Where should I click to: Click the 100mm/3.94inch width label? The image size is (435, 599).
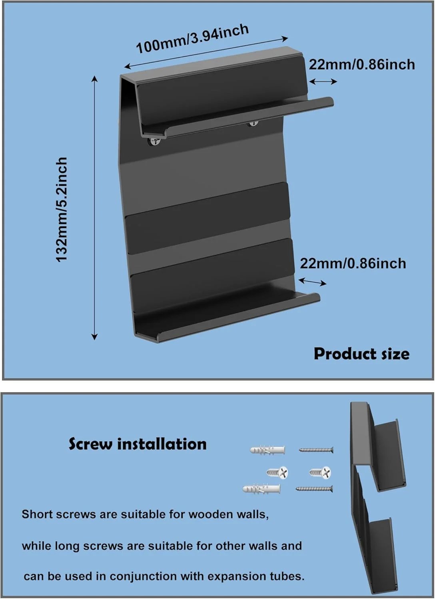click(x=192, y=39)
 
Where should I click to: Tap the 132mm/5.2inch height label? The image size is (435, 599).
click(x=62, y=209)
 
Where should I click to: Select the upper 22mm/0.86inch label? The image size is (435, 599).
click(x=362, y=64)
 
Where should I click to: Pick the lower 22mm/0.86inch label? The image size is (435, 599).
click(x=353, y=263)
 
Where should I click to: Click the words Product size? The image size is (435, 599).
click(x=361, y=354)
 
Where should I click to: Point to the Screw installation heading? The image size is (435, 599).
click(x=138, y=444)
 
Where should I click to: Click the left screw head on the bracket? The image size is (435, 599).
click(x=155, y=141)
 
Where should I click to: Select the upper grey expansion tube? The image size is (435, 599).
click(x=267, y=450)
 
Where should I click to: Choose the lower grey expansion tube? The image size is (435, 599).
click(x=261, y=488)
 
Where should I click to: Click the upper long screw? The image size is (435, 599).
click(x=316, y=450)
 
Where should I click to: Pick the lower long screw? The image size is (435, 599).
click(x=314, y=488)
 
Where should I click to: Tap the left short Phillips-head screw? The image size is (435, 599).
click(x=278, y=473)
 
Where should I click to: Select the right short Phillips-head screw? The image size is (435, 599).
click(x=320, y=473)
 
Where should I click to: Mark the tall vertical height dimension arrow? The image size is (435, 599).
click(x=94, y=208)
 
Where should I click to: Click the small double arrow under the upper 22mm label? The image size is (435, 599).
click(x=323, y=81)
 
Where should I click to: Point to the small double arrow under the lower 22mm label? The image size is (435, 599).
click(x=313, y=282)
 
